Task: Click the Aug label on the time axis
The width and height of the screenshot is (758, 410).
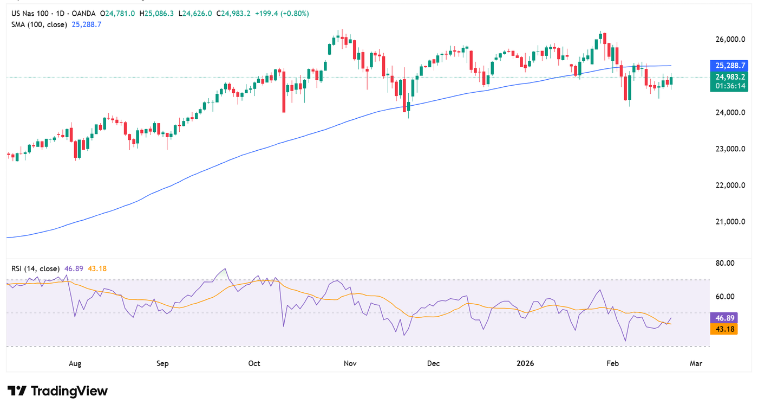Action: coord(75,363)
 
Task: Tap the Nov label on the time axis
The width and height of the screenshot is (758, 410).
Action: coord(349,363)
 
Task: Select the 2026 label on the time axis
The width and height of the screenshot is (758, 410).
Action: coord(525,363)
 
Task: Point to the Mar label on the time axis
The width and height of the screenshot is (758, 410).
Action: coord(696,363)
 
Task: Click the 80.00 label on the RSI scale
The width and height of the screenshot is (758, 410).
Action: coord(724,264)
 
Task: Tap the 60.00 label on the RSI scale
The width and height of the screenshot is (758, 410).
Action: coord(724,297)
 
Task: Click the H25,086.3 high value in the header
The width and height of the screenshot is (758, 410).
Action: coord(158,13)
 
